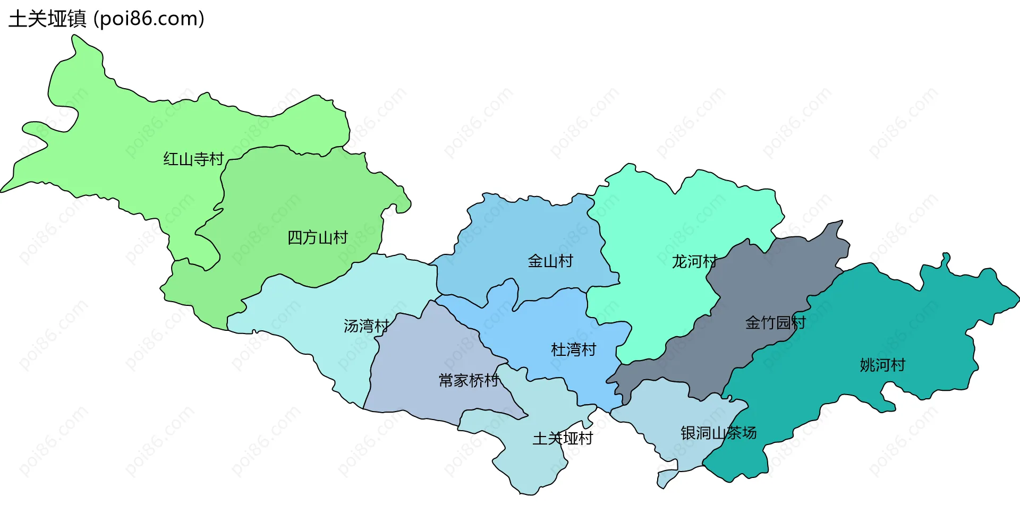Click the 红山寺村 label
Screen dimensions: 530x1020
point(193,159)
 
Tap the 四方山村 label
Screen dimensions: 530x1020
point(317,237)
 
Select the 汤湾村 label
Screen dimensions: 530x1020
point(366,326)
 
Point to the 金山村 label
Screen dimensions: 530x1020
point(550,261)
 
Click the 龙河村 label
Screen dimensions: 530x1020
point(694,261)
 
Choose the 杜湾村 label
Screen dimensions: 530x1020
point(573,349)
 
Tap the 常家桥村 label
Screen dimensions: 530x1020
point(469,380)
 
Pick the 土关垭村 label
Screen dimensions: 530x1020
point(563,438)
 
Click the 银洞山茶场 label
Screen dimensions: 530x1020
point(718,433)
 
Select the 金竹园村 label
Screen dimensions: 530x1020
point(775,322)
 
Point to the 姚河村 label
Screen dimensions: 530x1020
point(882,365)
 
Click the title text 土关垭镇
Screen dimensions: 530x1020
point(47,19)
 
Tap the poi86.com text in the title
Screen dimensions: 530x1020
point(149,19)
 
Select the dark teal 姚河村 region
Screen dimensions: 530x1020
point(903,319)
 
